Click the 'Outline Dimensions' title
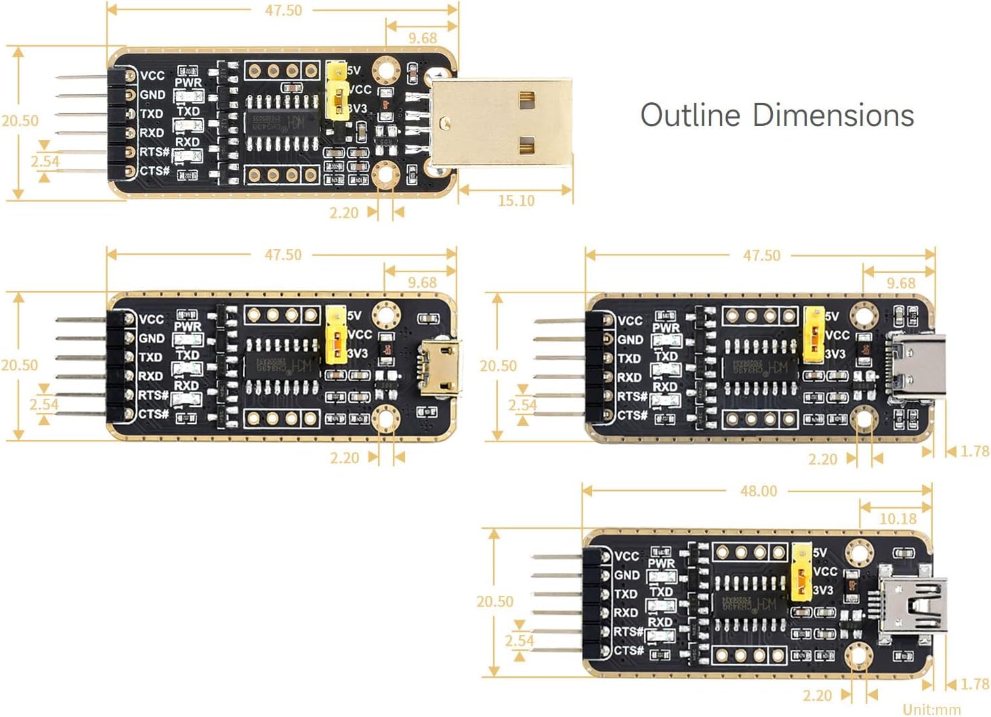point(777,115)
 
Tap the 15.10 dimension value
point(515,200)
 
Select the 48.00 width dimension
point(758,491)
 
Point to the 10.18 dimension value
point(898,519)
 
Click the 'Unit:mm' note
point(931,709)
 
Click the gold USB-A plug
point(501,123)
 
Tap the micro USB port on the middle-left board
point(439,367)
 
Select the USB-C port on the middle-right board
point(918,367)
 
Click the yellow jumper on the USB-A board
point(336,91)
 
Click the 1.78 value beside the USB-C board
point(974,451)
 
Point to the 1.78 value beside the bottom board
point(974,684)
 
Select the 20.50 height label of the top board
point(20,121)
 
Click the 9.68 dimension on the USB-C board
point(900,283)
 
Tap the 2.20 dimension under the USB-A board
point(343,213)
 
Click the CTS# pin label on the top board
point(154,171)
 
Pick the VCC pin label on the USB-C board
point(630,320)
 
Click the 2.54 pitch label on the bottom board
point(519,640)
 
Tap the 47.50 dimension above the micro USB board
point(283,255)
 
